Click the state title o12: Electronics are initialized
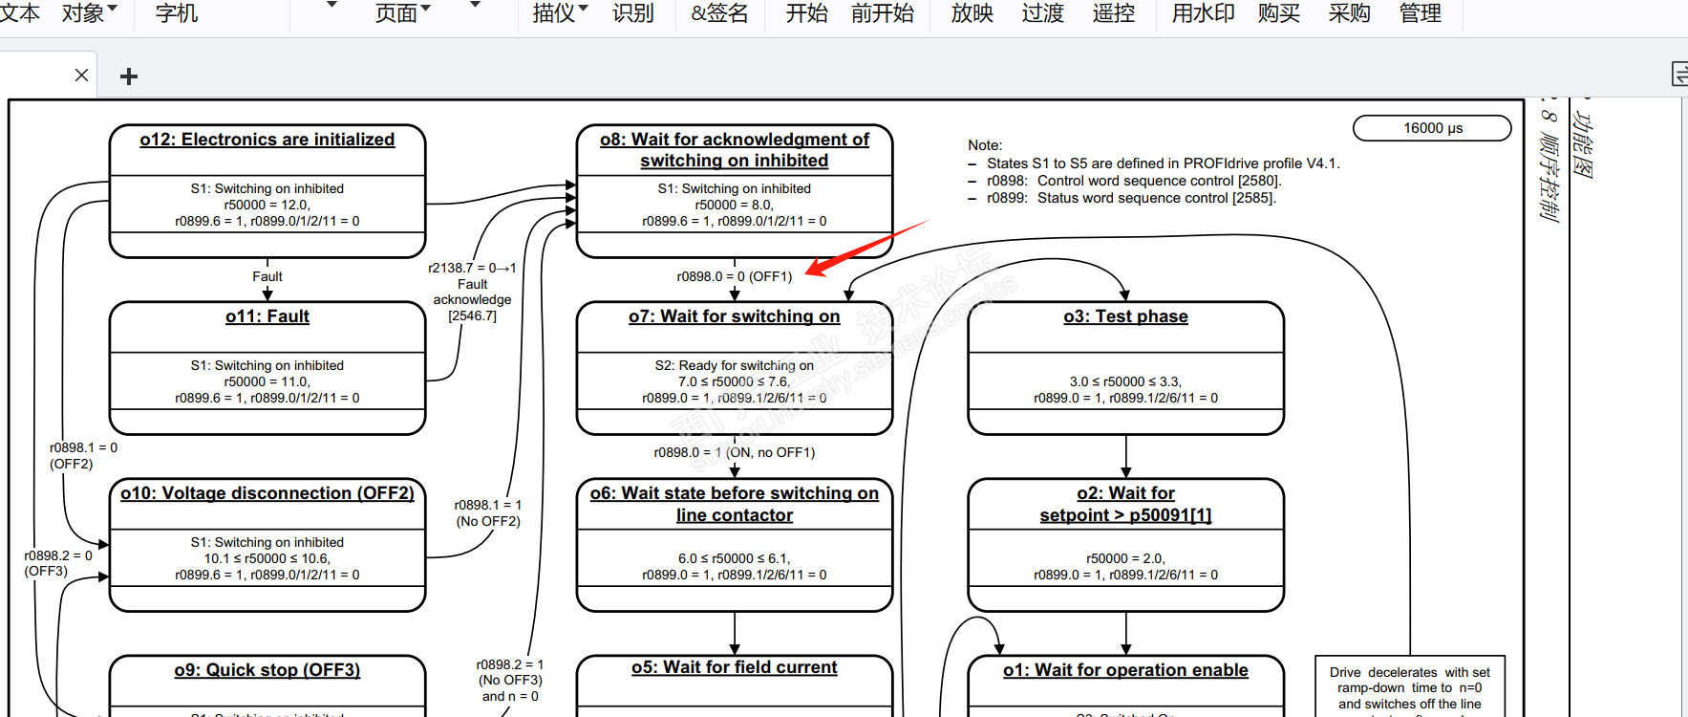(x=267, y=140)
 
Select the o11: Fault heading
(x=267, y=316)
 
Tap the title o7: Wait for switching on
(x=734, y=316)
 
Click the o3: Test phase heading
(x=1125, y=316)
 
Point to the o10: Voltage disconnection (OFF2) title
(x=267, y=493)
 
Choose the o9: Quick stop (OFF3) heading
(x=267, y=670)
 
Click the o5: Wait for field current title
(x=734, y=667)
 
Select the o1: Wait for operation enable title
(x=1125, y=670)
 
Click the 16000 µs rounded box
(x=1432, y=128)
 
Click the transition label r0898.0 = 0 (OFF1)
(x=734, y=276)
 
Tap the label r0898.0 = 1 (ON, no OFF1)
(x=734, y=452)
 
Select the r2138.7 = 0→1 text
(x=472, y=268)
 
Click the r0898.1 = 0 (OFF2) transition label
(x=84, y=455)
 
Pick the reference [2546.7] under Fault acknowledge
(x=472, y=315)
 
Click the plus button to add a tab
(x=129, y=76)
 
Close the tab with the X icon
(x=81, y=76)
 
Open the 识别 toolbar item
(x=632, y=13)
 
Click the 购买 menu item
(x=1278, y=13)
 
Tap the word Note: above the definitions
(x=984, y=145)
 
